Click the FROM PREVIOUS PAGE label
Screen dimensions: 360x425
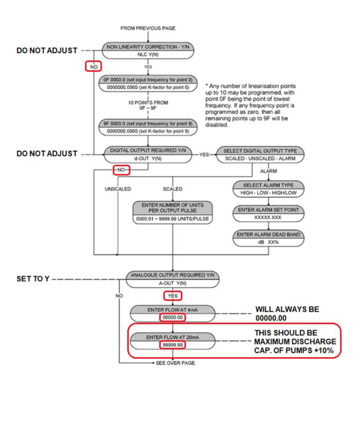[x=148, y=28]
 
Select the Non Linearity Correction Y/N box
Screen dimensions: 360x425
[x=148, y=50]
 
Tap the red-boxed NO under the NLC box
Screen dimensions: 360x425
[x=93, y=66]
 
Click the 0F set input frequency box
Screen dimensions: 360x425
[x=148, y=83]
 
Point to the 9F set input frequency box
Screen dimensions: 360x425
[x=148, y=127]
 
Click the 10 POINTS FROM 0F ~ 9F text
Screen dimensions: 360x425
[x=148, y=105]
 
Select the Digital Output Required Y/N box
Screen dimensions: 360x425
[x=148, y=155]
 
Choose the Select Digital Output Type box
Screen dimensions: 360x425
[x=260, y=155]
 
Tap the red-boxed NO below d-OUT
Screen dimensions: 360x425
[x=121, y=170]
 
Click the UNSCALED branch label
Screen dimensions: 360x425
[x=118, y=189]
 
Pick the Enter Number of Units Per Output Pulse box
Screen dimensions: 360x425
[x=173, y=212]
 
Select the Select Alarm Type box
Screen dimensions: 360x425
[x=268, y=189]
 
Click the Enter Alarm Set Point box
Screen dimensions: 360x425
[x=268, y=214]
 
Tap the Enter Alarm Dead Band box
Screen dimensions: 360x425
[x=268, y=238]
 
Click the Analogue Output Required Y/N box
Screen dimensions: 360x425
[x=173, y=279]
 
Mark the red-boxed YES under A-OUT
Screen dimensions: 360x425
[x=173, y=296]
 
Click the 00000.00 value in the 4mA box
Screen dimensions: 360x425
[x=173, y=317]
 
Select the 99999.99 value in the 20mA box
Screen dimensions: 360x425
[x=173, y=345]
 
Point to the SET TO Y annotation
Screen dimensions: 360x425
[x=33, y=279]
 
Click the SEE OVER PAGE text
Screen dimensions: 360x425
[x=175, y=363]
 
